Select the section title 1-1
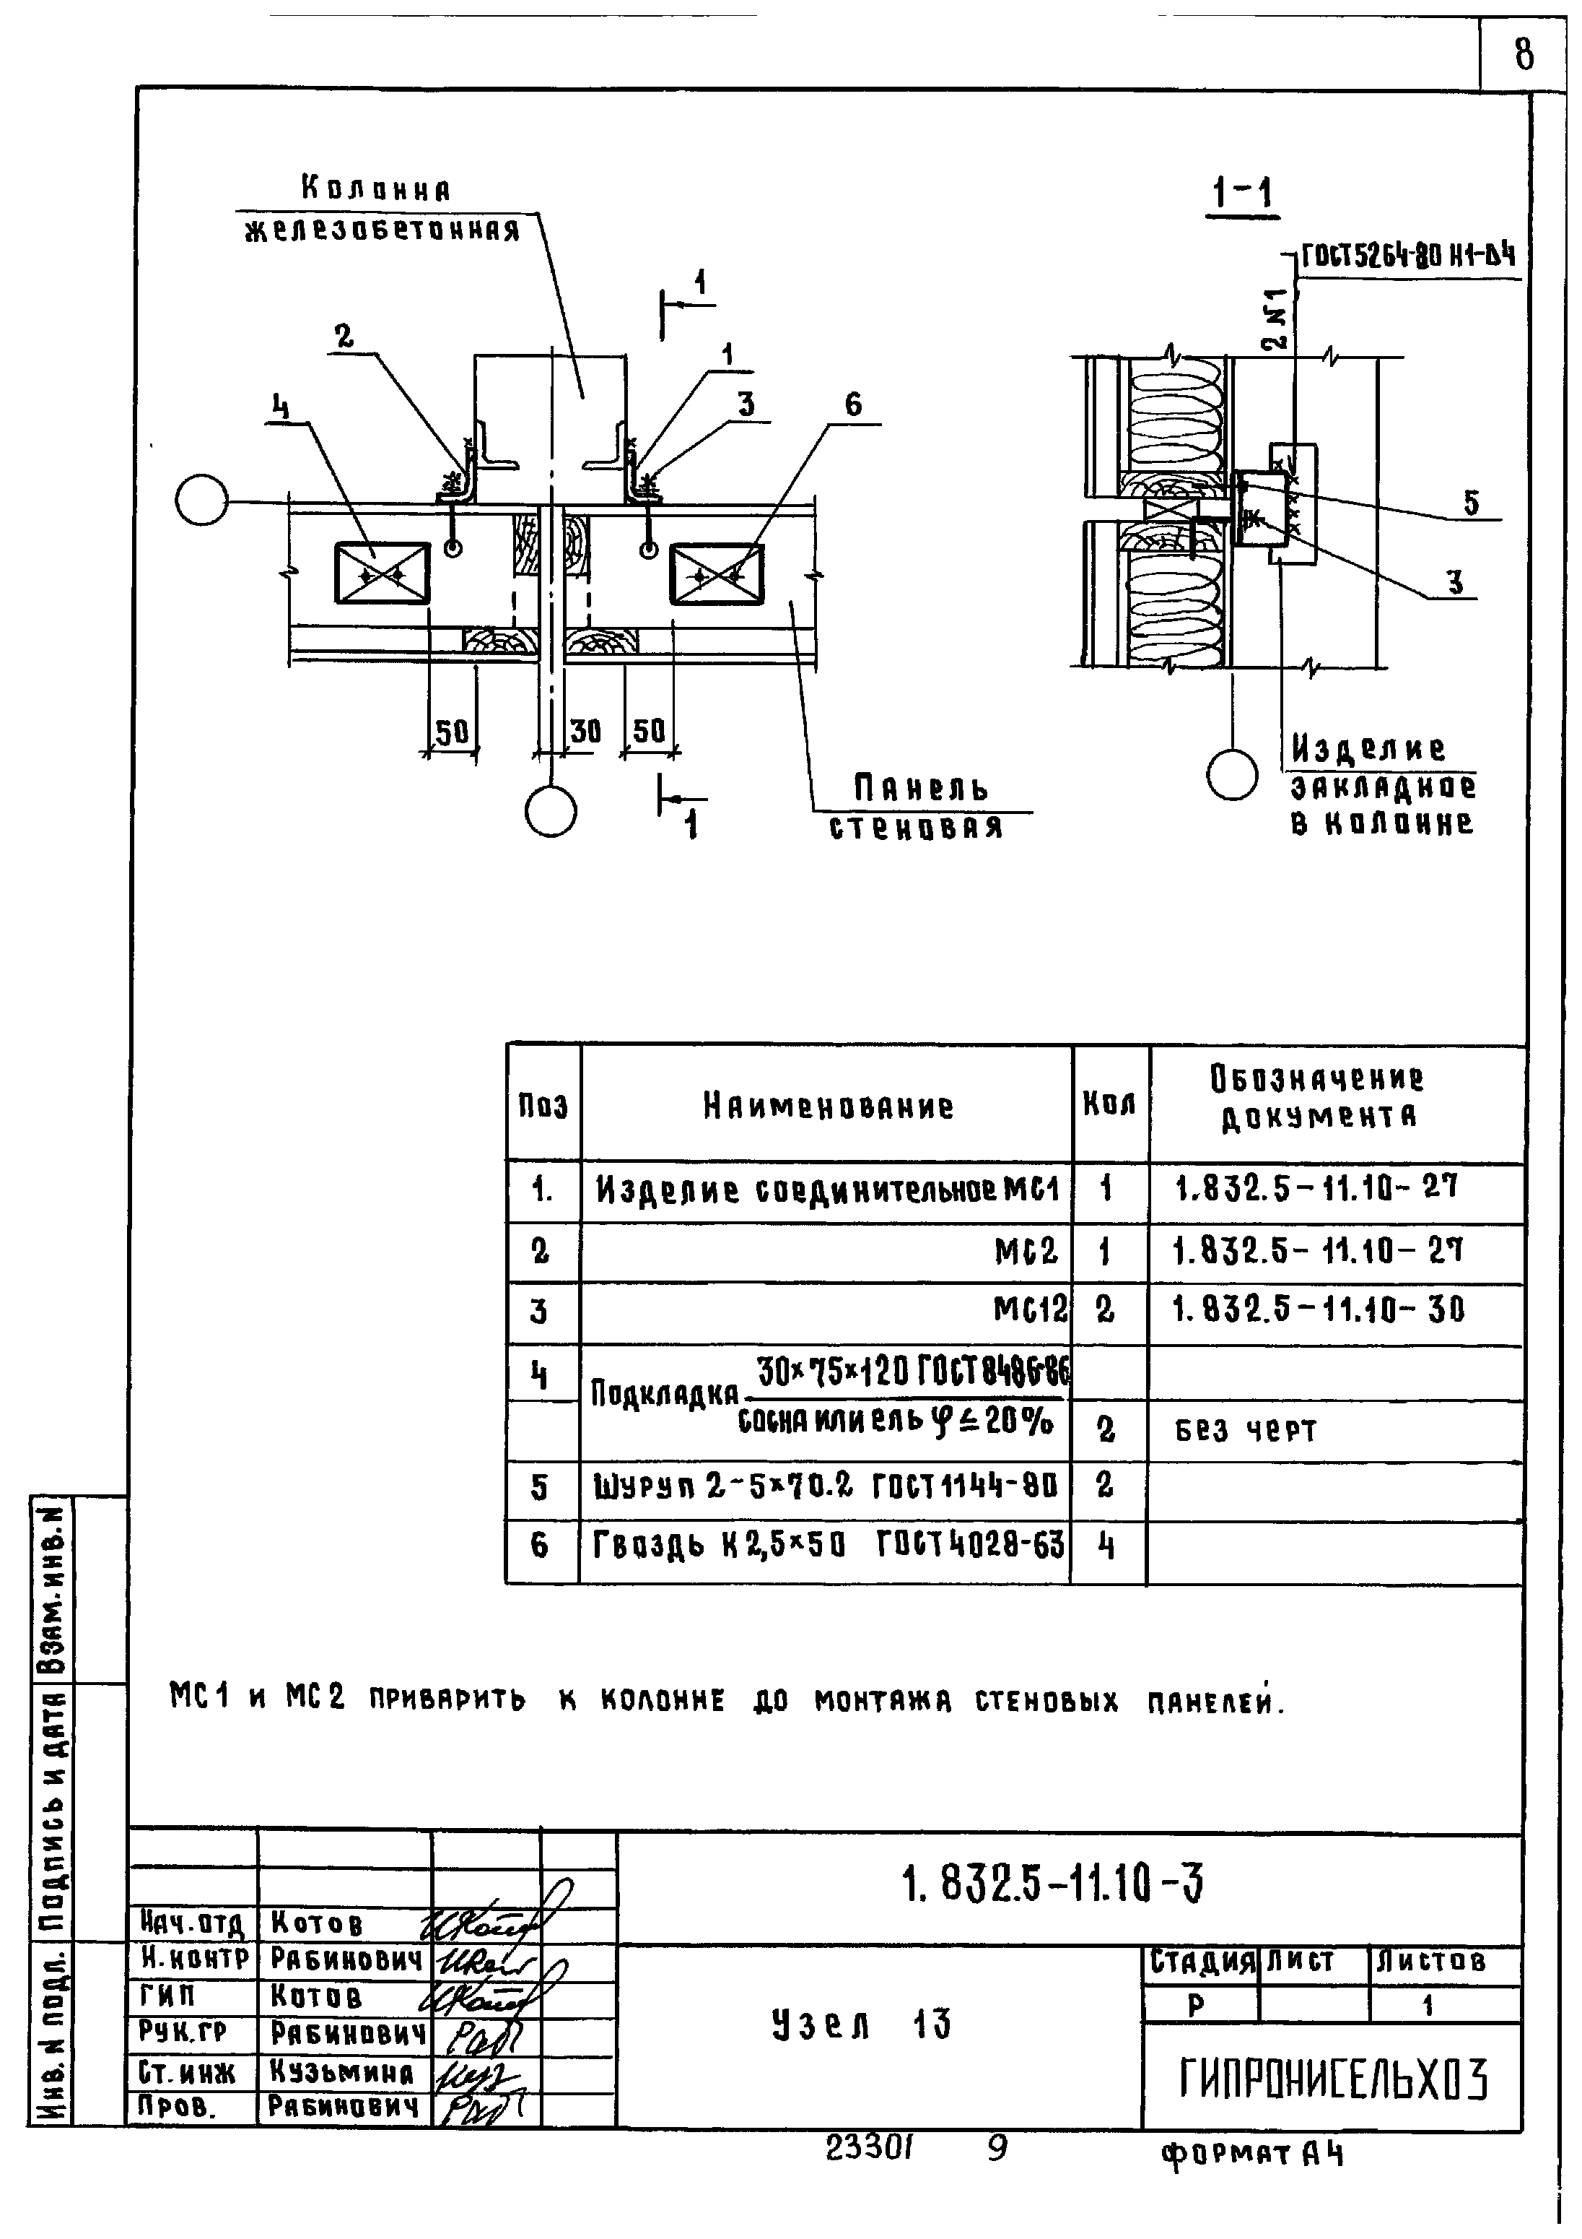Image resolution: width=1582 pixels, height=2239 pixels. click(1242, 195)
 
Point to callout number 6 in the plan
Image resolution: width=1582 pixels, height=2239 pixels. click(853, 404)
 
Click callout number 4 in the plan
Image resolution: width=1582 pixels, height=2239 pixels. click(281, 407)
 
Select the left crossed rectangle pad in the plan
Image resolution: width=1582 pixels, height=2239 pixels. click(381, 573)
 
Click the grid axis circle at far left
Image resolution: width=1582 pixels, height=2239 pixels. click(202, 501)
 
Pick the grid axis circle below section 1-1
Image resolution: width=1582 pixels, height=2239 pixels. click(1232, 775)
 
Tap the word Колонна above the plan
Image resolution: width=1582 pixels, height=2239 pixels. click(375, 189)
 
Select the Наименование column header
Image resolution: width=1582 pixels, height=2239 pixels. click(828, 1106)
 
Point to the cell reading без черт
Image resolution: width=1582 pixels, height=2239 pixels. click(1246, 1431)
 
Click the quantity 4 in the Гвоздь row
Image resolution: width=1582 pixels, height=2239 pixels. click(1106, 1545)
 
